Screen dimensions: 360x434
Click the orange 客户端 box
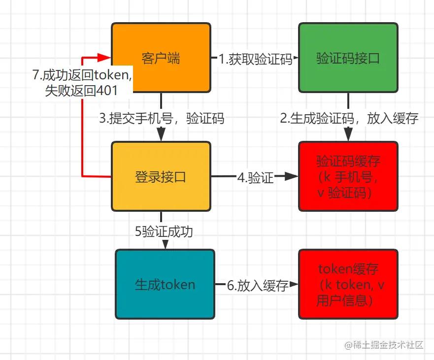pyautogui.click(x=161, y=58)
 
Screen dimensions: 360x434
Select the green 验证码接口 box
pyautogui.click(x=348, y=58)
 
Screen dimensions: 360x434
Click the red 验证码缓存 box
pyautogui.click(x=348, y=176)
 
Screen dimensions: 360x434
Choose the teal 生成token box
pyautogui.click(x=165, y=284)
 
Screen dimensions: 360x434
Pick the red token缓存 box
pyautogui.click(x=348, y=284)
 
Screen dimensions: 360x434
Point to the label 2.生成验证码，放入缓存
pyautogui.click(x=349, y=118)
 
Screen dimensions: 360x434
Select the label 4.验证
pyautogui.click(x=255, y=177)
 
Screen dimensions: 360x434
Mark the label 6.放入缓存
pyautogui.click(x=257, y=285)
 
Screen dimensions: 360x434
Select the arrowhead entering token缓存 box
pyautogui.click(x=295, y=284)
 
